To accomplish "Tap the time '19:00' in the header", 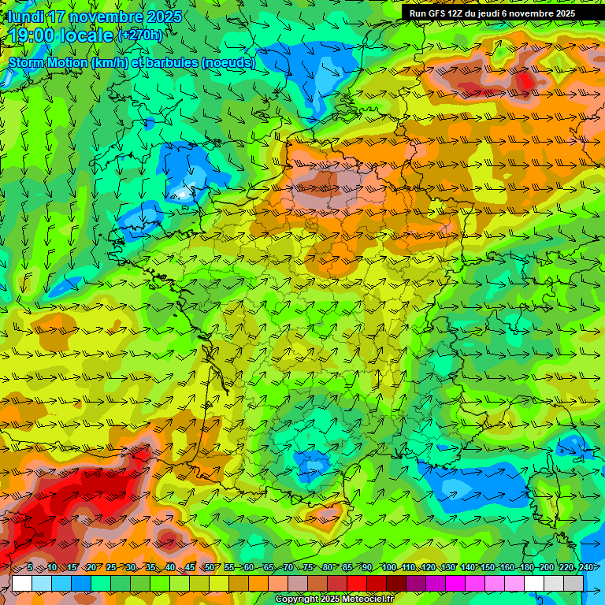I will pos(34,35).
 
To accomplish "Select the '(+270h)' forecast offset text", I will pos(140,35).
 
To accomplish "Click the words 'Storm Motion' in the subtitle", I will pos(47,61).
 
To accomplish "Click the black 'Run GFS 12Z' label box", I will pos(492,13).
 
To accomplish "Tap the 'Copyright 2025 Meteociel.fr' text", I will pos(334,599).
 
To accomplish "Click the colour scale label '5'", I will pos(30,567).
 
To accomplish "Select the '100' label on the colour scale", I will pos(388,567).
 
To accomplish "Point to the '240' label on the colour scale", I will pos(585,567).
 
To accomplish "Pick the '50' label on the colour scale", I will pos(209,567).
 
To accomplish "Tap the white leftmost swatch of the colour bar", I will pos(22,583).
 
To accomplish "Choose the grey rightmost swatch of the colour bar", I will pos(573,583).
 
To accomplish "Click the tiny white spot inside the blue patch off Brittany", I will pos(183,191).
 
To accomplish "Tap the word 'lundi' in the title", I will pos(27,17).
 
